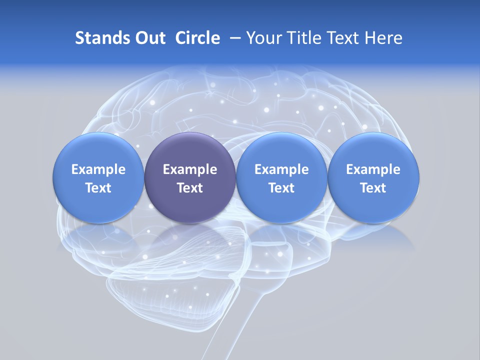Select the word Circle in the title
[197, 38]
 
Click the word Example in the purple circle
[190, 169]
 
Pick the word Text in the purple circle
[190, 188]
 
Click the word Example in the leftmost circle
[98, 169]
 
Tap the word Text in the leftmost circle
[98, 188]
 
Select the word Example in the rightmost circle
[373, 169]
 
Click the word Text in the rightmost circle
[373, 188]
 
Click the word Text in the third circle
[281, 188]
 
